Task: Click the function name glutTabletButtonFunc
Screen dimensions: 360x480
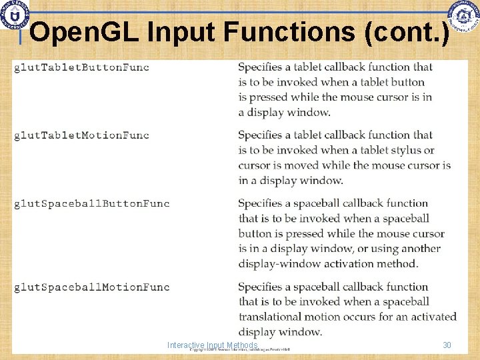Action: coord(81,67)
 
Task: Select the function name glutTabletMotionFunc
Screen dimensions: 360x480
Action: coord(81,135)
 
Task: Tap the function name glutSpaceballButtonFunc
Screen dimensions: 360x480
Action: coord(92,203)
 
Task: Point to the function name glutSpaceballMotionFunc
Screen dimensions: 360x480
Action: coord(92,287)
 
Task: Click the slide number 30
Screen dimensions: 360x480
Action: coord(447,345)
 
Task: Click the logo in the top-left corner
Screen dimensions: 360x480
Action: coord(15,15)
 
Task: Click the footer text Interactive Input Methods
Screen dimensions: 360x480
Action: coord(212,345)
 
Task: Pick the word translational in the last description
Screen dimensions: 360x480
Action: coord(273,317)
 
